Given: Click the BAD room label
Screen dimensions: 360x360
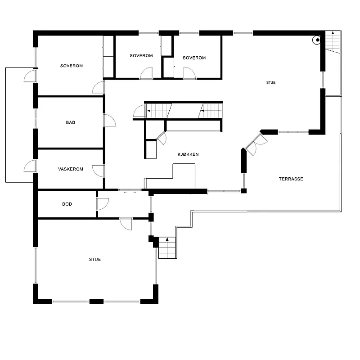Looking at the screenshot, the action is pos(71,122).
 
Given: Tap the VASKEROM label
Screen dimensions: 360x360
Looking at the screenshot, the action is pos(71,169).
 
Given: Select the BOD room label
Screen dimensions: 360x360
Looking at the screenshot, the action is pos(67,204).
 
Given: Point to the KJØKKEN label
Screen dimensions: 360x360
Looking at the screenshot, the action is pos(188,154).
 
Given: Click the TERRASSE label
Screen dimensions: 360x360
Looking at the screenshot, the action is pos(291,179).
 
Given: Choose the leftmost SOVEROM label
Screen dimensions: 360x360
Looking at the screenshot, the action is pos(72,66).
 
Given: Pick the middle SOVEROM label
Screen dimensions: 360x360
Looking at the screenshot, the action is pos(141,55).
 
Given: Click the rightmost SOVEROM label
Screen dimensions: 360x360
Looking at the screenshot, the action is pos(194,58).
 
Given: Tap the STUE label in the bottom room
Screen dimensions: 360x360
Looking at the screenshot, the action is pos(95,260).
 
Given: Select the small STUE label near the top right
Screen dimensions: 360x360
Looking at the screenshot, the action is pos(271,82).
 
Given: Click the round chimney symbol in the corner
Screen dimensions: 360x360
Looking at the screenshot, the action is pos(316,40).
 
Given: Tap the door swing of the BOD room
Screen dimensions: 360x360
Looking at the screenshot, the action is pos(103,204).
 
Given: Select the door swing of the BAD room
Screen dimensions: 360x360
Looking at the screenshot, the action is pos(110,120).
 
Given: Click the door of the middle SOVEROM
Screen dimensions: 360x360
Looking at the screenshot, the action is pos(147,73).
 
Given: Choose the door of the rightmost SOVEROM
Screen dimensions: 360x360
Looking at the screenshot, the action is pos(189,73).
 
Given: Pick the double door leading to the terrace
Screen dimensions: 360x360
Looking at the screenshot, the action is pos(256,145).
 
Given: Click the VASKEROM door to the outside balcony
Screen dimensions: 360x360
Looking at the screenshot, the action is pos(30,166).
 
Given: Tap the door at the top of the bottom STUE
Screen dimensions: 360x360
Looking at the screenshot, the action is pos(126,224).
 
